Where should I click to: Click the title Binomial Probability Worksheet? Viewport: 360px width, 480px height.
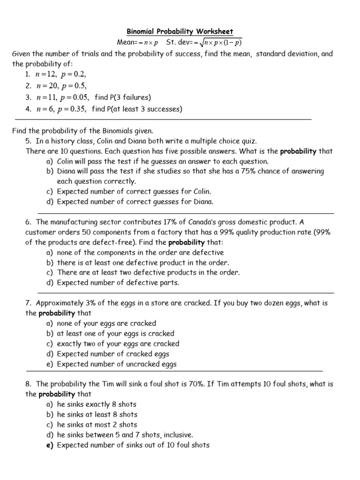tap(180, 31)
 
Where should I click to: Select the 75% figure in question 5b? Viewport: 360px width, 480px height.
tap(250, 171)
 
